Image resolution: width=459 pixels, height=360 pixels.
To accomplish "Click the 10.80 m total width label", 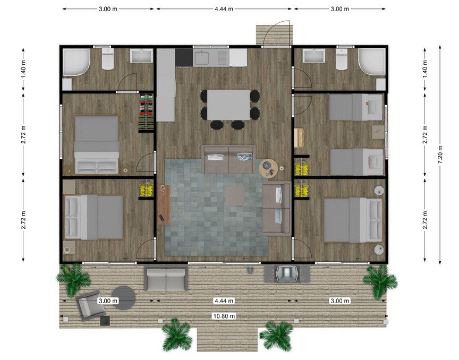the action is (224, 316).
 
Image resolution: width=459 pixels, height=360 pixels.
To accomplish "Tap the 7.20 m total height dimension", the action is (440, 155).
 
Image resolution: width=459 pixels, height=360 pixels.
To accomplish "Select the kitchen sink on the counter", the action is (201, 57).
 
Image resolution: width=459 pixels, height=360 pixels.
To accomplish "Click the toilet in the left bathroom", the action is (108, 59).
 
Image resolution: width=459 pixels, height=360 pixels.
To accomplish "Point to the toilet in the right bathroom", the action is (341, 59).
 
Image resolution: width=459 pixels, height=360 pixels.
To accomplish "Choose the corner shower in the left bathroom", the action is (76, 62).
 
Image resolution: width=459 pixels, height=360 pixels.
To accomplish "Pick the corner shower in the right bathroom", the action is (372, 62).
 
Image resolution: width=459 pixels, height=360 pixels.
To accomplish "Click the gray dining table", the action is (228, 105).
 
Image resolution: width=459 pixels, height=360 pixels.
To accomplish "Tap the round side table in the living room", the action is (269, 168).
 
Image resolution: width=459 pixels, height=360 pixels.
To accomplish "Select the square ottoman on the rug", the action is (235, 196).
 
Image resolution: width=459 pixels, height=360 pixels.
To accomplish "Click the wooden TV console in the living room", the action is (164, 205).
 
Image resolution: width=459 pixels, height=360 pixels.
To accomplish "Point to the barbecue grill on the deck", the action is (287, 273).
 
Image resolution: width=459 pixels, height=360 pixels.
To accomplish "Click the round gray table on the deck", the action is (124, 298).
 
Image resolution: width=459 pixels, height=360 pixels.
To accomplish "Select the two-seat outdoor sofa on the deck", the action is (166, 279).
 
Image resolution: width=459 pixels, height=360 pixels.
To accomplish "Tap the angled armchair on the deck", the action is (88, 304).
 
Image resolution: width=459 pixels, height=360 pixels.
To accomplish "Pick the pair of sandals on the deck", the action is (251, 270).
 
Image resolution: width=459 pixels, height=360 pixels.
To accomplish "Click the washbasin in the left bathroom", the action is (141, 56).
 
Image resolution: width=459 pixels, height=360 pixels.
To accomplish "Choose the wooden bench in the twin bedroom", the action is (299, 138).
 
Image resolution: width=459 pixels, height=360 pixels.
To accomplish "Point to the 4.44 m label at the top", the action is (224, 9).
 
